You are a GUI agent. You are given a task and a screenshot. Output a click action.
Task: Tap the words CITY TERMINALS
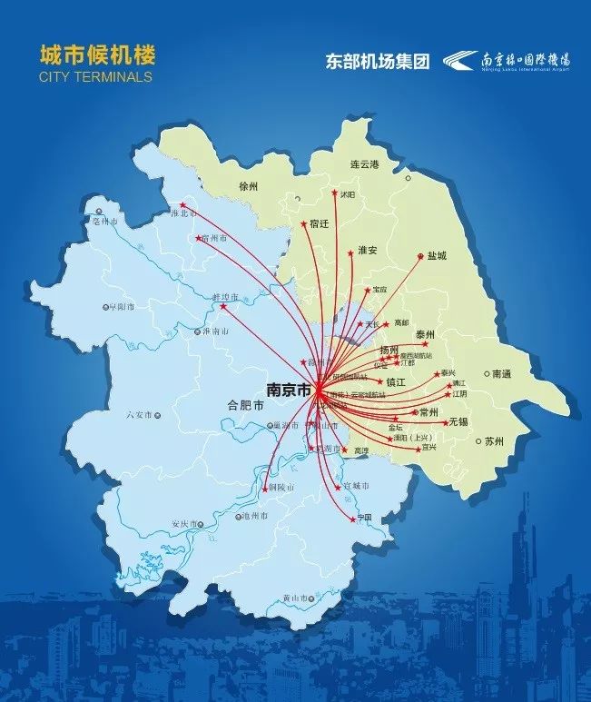95,77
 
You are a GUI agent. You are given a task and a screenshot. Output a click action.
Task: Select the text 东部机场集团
377,61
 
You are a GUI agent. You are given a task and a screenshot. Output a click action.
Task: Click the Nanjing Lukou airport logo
507,61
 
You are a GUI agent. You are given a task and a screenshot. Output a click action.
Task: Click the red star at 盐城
420,256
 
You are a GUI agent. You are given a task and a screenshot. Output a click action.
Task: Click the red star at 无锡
445,422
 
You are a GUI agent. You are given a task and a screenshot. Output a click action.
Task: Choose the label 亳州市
106,221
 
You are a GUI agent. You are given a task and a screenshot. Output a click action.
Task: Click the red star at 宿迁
304,222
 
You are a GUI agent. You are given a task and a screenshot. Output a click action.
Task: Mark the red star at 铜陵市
270,489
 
